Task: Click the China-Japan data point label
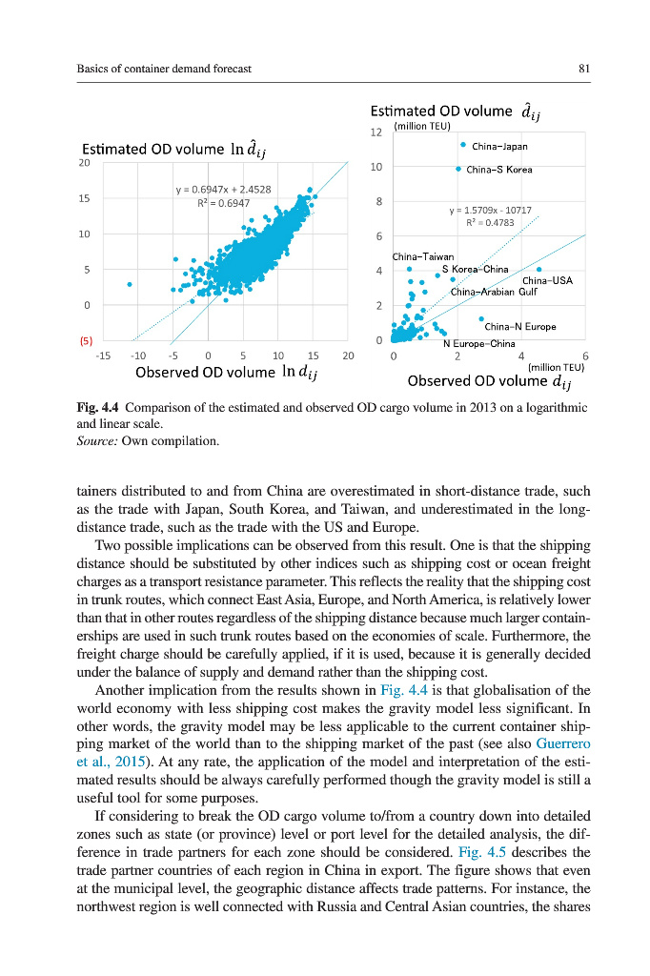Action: tap(499, 147)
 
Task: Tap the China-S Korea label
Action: tap(501, 170)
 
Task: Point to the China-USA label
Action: tap(547, 280)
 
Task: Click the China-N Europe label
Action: tap(520, 327)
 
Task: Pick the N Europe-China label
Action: tap(479, 343)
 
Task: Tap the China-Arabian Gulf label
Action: tap(495, 292)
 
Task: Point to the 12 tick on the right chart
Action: tap(376, 132)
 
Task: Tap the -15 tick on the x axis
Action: tap(104, 355)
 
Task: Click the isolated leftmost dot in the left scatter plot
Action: tap(129, 284)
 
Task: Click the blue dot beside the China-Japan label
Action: tap(462, 146)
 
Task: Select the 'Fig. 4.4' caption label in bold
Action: tap(98, 407)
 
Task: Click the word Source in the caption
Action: tap(94, 440)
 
